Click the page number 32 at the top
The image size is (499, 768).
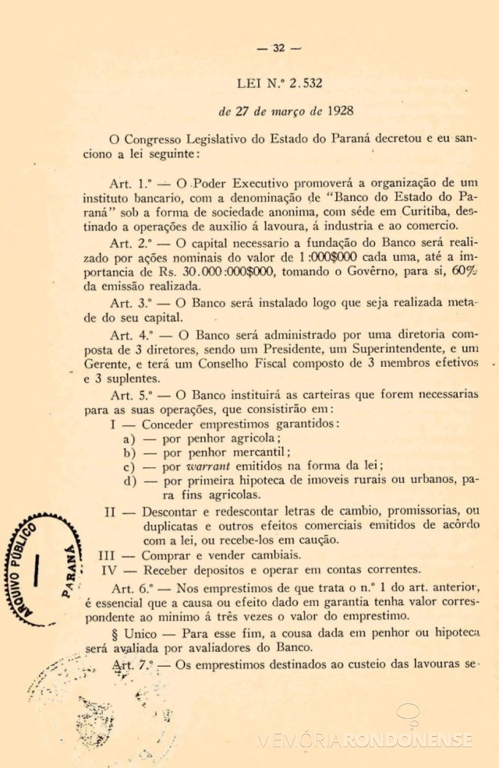coord(279,48)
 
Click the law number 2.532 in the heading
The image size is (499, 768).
coord(306,83)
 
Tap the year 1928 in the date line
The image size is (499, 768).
coord(340,111)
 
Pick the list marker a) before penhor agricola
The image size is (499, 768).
coord(129,439)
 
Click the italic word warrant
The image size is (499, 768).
coord(208,466)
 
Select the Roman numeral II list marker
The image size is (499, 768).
coord(110,511)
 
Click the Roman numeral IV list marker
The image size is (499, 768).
coord(109,570)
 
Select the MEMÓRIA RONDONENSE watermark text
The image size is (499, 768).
coord(365,741)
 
